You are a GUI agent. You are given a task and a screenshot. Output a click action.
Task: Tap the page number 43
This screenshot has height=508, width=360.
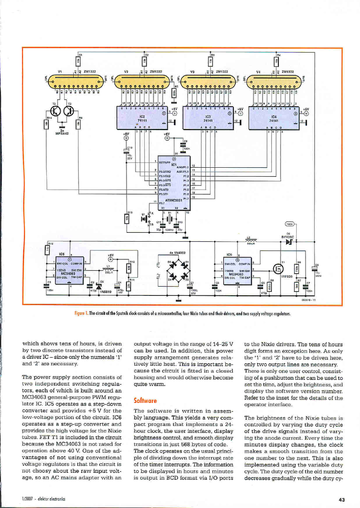pyautogui.click(x=341, y=499)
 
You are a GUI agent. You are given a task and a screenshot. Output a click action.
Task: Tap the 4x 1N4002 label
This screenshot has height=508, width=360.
pyautogui.click(x=178, y=252)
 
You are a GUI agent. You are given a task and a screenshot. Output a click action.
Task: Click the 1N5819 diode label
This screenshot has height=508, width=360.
pyautogui.click(x=105, y=291)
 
